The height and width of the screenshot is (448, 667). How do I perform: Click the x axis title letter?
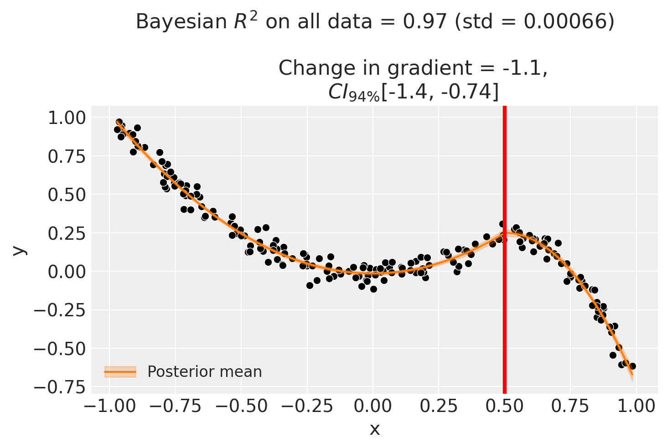coord(374,429)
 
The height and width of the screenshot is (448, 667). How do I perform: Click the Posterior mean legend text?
coord(205,372)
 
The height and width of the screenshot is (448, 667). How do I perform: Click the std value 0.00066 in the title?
coord(573,21)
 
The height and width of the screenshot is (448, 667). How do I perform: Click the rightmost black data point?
coord(632,366)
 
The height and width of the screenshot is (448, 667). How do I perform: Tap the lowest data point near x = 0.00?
coord(373,289)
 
